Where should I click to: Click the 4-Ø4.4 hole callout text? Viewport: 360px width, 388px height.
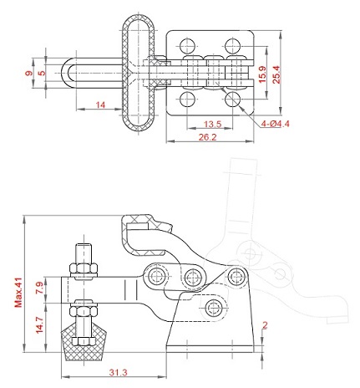click(275, 124)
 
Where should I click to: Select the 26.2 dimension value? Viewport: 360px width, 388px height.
click(207, 137)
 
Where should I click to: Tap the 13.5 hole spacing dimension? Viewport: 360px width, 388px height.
click(212, 124)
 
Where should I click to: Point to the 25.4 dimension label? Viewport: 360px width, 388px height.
click(276, 74)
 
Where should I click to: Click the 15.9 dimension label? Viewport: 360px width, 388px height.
click(262, 74)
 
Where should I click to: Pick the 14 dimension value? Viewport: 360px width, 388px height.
click(100, 105)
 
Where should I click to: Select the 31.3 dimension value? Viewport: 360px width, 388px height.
click(118, 372)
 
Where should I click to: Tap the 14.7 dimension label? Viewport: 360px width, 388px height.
click(39, 324)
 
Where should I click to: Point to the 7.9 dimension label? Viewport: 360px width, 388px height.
click(39, 288)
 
